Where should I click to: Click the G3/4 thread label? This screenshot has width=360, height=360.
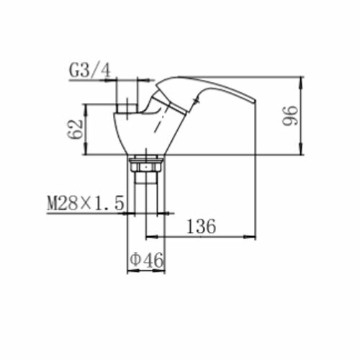pos(90,71)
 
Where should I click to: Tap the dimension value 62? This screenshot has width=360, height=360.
pos(75,129)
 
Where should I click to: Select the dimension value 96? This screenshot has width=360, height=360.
pos(290,116)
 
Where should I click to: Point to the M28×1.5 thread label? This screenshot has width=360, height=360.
pos(86,203)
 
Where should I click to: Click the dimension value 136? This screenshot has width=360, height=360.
pos(201,226)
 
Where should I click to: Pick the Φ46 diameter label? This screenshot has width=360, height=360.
pos(147,260)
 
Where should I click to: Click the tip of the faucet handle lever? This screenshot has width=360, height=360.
pos(255,101)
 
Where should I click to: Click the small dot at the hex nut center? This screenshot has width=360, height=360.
pos(146,166)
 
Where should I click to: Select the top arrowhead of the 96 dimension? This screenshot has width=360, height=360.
pos(302,81)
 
